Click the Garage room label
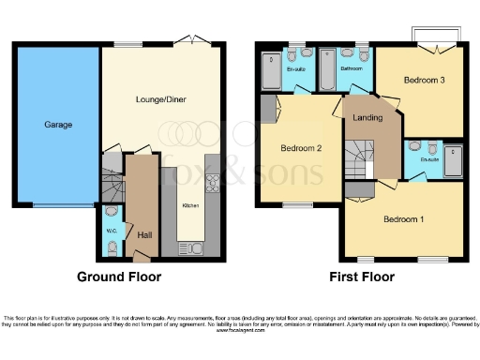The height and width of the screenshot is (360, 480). click(x=58, y=124)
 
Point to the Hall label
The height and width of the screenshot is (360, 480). click(x=145, y=234)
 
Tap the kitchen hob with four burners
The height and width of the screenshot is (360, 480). click(x=211, y=183)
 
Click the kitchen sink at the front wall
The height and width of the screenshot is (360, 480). click(x=193, y=248)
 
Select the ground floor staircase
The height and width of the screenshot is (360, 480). click(x=112, y=184)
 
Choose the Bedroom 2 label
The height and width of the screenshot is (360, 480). click(x=301, y=148)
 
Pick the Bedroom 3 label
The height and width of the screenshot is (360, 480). click(x=424, y=81)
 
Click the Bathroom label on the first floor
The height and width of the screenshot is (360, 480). click(x=352, y=68)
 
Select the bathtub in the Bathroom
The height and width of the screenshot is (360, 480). click(x=329, y=73)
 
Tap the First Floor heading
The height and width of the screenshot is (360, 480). click(x=361, y=277)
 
